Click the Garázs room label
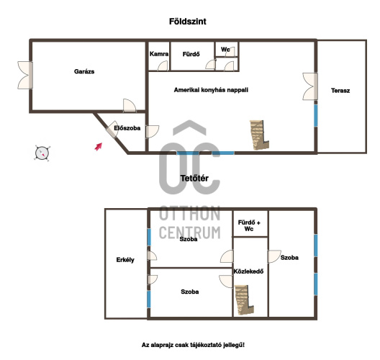(84, 71)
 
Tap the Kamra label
(159, 54)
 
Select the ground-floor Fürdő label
(191, 54)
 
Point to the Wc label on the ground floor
(225, 50)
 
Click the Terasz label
(340, 91)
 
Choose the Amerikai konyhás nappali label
(211, 90)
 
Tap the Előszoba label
(127, 128)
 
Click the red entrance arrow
(99, 146)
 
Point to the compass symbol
(42, 153)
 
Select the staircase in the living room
(259, 135)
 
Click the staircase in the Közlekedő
(244, 300)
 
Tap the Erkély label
(125, 260)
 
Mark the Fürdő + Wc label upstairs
(249, 225)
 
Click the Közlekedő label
(248, 271)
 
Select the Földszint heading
(188, 22)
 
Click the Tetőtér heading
(194, 179)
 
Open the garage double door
(25, 75)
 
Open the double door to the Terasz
(310, 86)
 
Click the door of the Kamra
(163, 66)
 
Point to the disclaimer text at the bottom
(193, 345)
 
